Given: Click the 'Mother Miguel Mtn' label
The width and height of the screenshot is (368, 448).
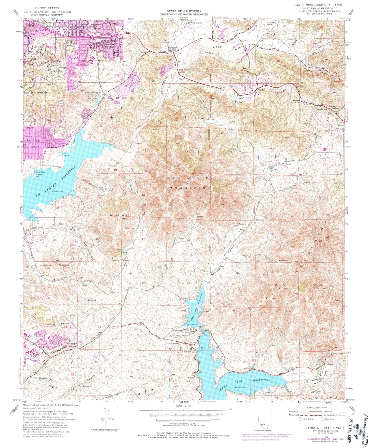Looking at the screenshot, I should coord(118,217).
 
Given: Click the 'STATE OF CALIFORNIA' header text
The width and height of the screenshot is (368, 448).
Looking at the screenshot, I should coord(184,11).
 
